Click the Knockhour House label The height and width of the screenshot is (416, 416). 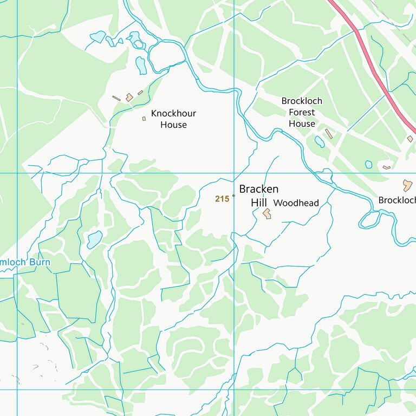pos(173,119)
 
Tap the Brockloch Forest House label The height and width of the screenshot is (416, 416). pos(302,112)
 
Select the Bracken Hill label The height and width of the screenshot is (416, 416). pos(259,196)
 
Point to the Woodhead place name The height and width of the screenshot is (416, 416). pos(296,203)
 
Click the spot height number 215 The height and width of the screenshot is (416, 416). pos(222,199)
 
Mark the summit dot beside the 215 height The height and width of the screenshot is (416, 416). pos(233,196)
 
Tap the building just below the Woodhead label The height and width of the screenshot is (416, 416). pos(267,214)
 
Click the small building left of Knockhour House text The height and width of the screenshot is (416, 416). pos(144,119)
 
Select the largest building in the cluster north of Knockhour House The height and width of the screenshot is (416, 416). pos(129,97)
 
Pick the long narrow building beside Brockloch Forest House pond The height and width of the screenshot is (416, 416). pos(329,134)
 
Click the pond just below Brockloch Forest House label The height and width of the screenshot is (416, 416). pos(320,142)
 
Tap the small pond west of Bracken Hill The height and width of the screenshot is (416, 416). pos(94,239)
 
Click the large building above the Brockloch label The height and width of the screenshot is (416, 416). pos(407,184)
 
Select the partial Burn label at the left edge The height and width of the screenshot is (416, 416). pos(25,263)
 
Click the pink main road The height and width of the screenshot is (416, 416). pos(374,65)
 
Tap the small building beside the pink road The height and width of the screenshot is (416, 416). pos(410,139)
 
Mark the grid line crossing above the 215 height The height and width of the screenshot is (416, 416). pos(233,173)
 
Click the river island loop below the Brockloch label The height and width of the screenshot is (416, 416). pos(370,220)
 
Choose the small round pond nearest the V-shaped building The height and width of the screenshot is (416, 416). pos(369,164)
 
